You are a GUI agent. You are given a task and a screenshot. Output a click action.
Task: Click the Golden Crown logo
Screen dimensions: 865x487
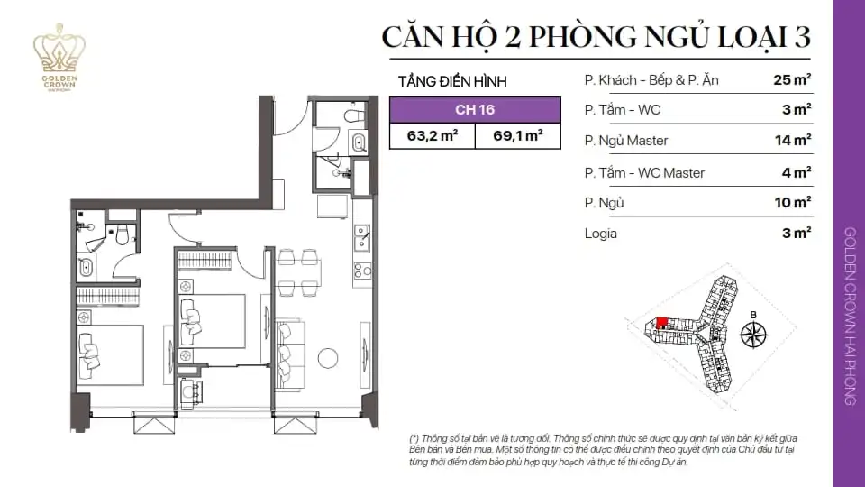coord(59,57)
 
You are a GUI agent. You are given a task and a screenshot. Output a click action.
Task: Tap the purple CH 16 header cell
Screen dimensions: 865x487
coord(475,109)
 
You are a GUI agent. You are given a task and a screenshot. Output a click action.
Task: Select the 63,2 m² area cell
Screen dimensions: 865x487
coord(432,135)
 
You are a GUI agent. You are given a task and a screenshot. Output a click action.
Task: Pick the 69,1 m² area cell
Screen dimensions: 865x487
coord(518,135)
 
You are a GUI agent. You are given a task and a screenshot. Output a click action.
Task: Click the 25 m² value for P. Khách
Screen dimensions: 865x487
coord(792,80)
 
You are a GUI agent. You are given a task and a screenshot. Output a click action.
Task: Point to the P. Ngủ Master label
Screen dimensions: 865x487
coord(626,141)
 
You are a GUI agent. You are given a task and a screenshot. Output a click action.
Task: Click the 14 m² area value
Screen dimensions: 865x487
coord(793,141)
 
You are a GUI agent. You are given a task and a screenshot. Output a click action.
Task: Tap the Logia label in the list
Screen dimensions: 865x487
coord(601,234)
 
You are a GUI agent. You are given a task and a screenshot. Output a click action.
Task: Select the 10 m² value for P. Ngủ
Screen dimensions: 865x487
coord(793,203)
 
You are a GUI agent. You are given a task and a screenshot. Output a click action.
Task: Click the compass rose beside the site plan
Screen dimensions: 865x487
coord(753,334)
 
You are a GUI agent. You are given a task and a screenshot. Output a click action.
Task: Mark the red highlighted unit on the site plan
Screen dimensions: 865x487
coord(661,323)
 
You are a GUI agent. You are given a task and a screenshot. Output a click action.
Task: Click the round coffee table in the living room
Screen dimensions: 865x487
coord(328,358)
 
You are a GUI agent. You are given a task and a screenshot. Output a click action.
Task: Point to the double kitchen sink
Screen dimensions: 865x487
coord(362,237)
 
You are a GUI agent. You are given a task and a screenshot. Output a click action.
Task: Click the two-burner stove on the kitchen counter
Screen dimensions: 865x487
coord(362,271)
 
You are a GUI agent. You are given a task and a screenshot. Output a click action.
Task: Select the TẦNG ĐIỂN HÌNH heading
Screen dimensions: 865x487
coord(452,82)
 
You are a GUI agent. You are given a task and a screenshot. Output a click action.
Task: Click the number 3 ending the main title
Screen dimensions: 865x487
coord(802,37)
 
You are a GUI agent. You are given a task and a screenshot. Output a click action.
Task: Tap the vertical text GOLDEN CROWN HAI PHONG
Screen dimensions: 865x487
coord(850,317)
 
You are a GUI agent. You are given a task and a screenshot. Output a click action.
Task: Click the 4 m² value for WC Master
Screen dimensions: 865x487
coord(797,172)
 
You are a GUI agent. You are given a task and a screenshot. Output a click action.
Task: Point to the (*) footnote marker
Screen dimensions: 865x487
coord(414,438)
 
